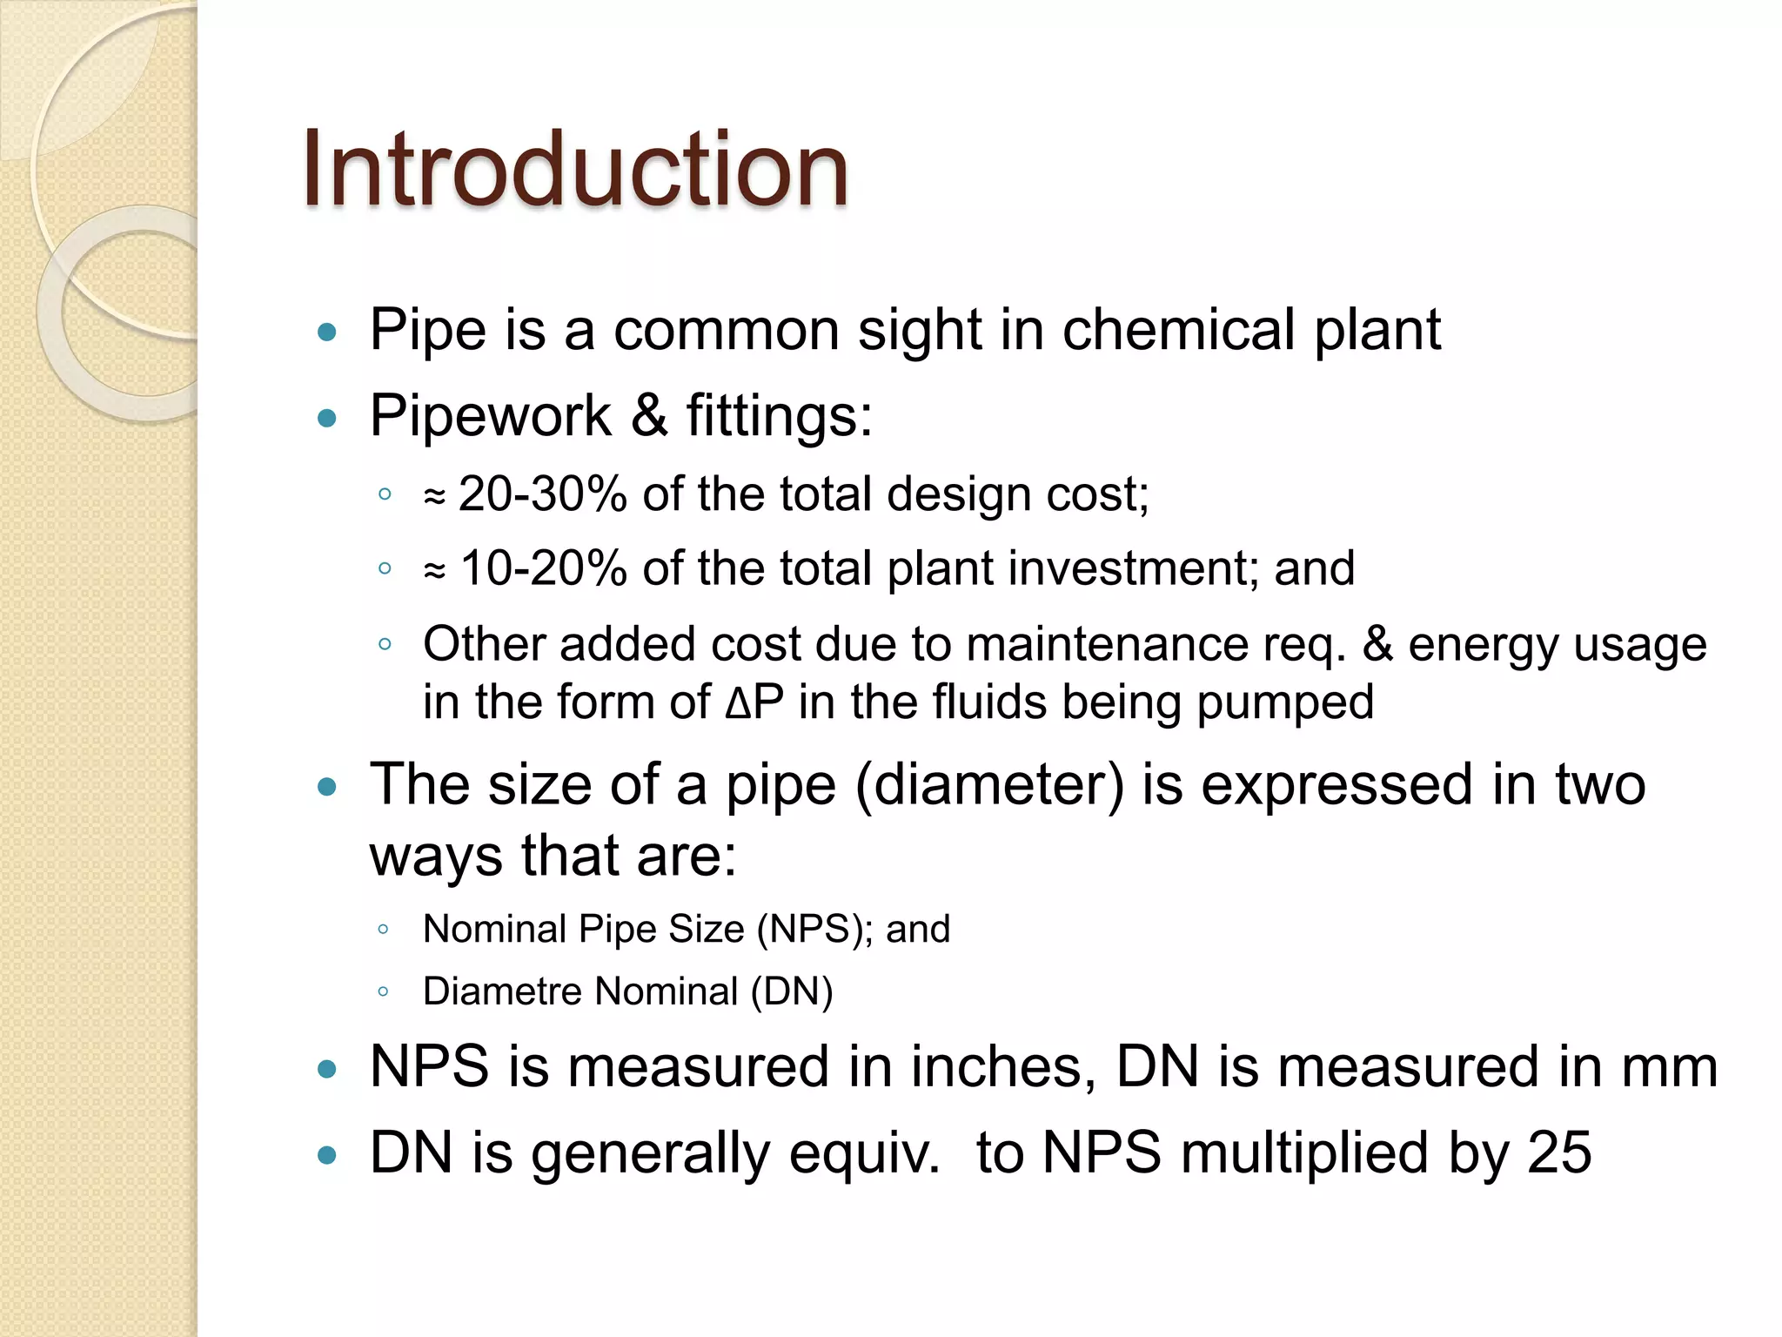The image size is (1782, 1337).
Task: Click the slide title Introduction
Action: pos(574,170)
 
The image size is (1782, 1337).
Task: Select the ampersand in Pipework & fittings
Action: pos(649,415)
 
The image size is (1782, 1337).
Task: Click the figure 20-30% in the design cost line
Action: pos(542,494)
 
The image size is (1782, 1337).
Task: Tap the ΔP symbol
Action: pos(754,702)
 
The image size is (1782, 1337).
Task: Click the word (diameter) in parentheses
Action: pos(990,784)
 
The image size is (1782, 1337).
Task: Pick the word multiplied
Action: pos(1305,1152)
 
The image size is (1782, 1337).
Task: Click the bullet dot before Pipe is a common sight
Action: pos(327,332)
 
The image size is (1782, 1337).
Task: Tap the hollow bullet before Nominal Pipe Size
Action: pos(384,930)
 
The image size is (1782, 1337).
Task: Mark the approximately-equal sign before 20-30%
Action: pos(434,497)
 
